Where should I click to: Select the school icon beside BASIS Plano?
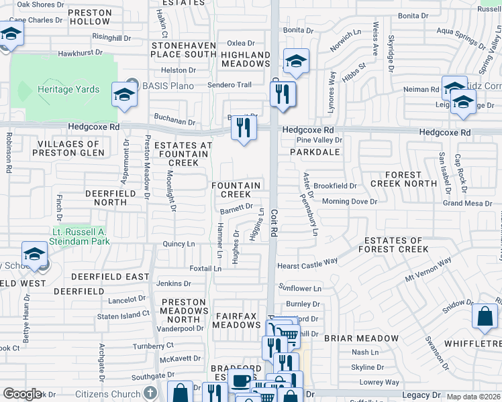pos(124,96)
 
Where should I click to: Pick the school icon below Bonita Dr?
pos(296,62)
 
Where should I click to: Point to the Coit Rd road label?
pos(274,222)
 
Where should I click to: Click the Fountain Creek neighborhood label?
pos(236,190)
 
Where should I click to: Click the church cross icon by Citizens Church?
pos(152,394)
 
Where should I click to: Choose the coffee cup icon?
pos(241,380)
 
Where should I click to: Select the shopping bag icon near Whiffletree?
pos(485,317)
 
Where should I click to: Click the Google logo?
pos(22,394)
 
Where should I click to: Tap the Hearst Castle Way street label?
pos(307,265)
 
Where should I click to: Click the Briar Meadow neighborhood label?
pos(357,338)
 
